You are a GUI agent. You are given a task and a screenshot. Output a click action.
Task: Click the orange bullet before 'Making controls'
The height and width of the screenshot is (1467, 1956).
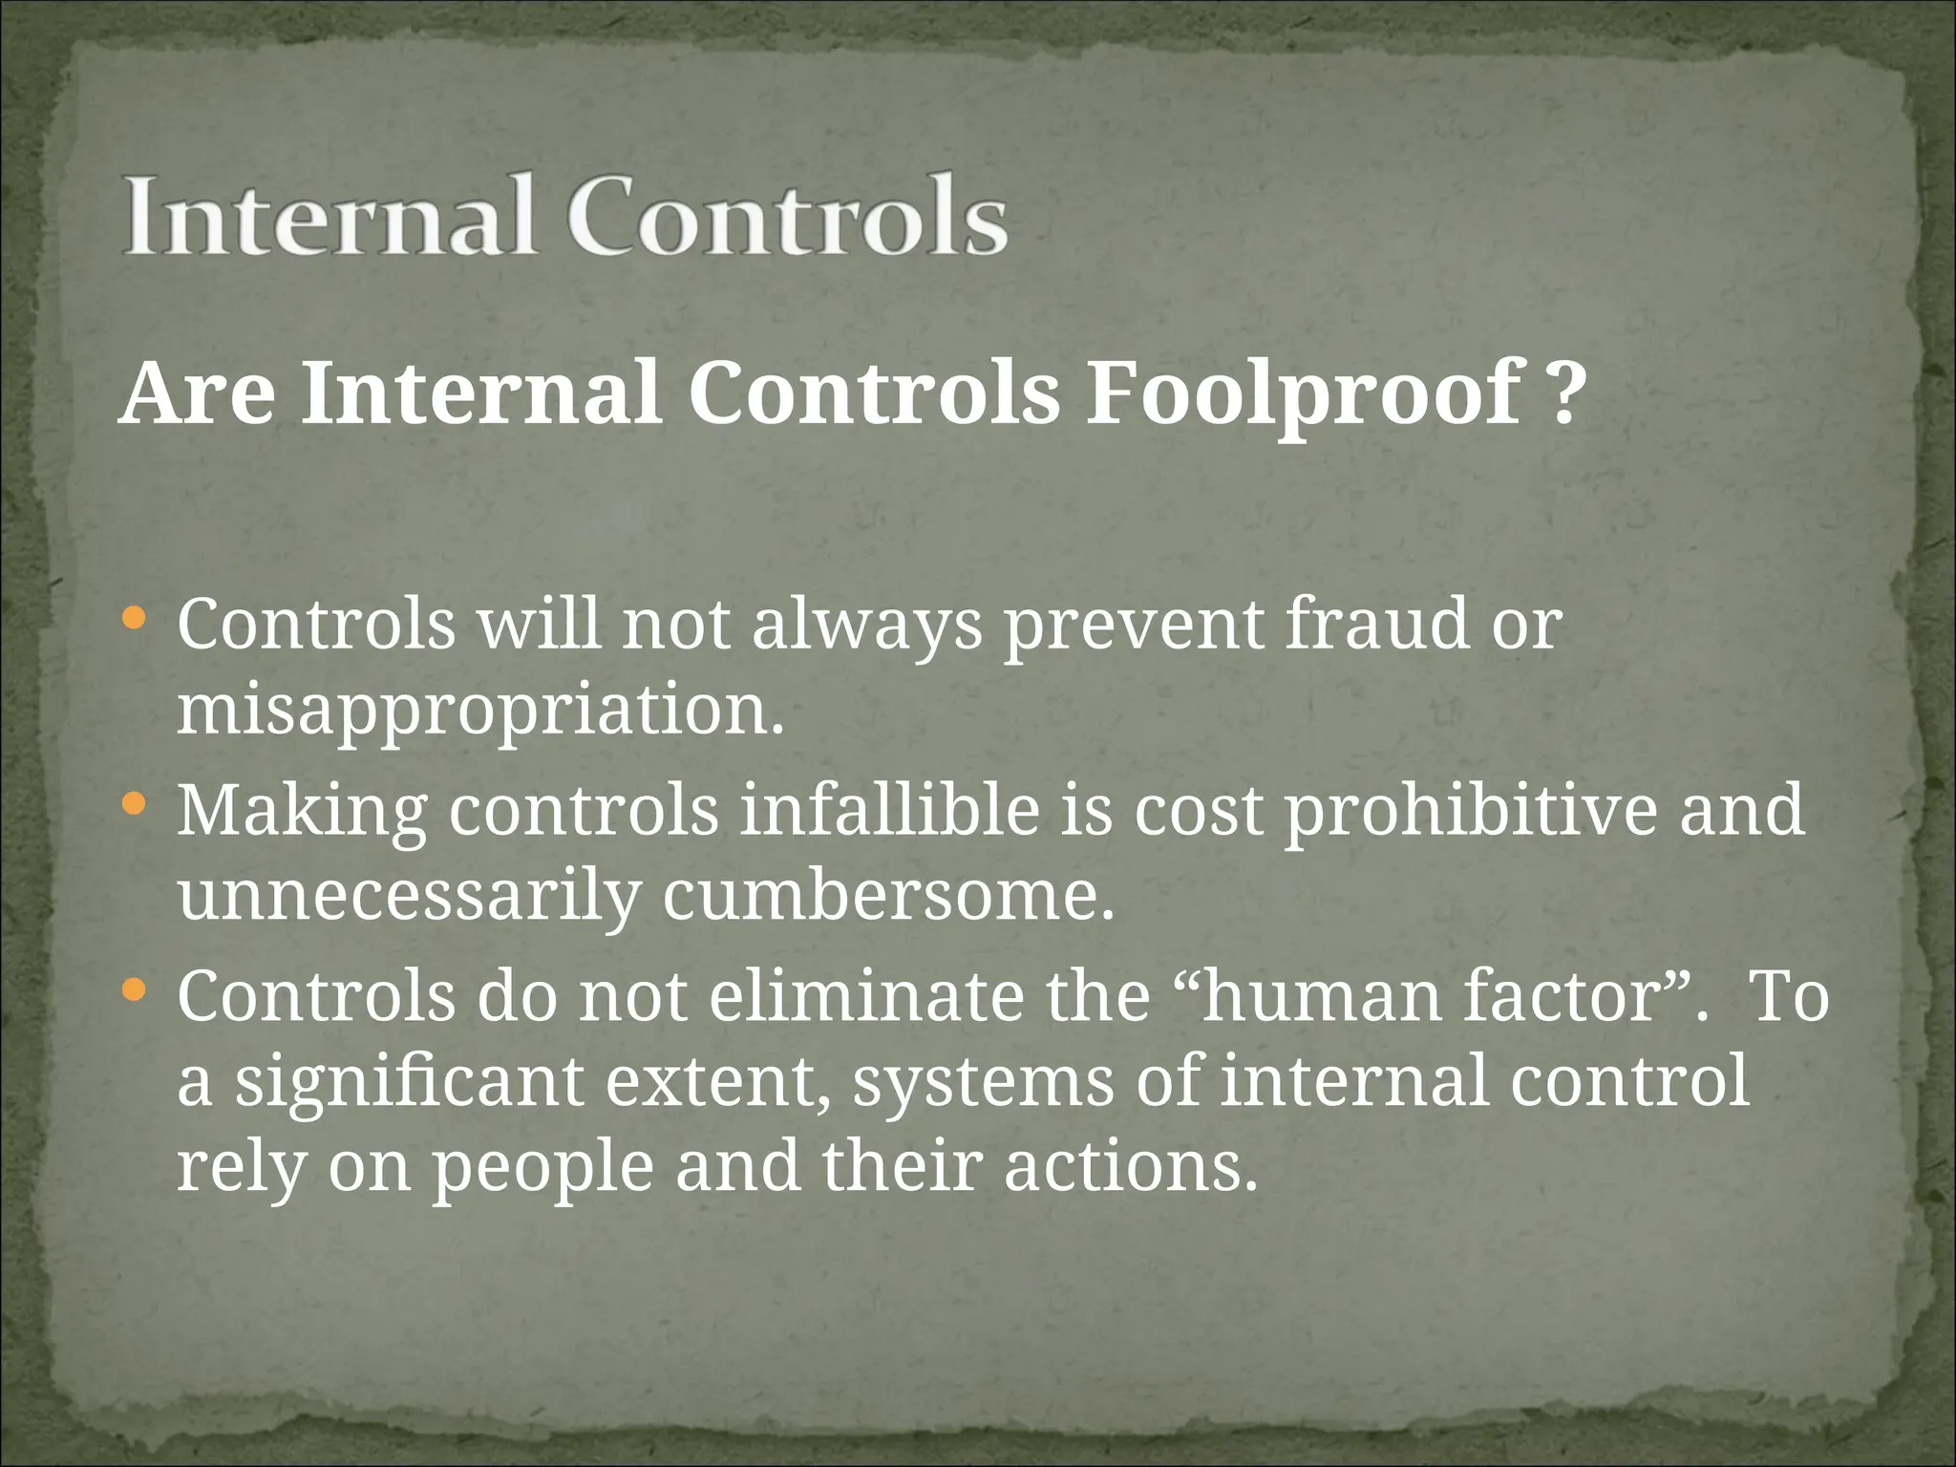(135, 804)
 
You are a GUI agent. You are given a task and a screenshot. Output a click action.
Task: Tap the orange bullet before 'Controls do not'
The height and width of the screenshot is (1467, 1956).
(135, 989)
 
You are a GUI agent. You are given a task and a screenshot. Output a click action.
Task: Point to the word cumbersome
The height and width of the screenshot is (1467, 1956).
(888, 896)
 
